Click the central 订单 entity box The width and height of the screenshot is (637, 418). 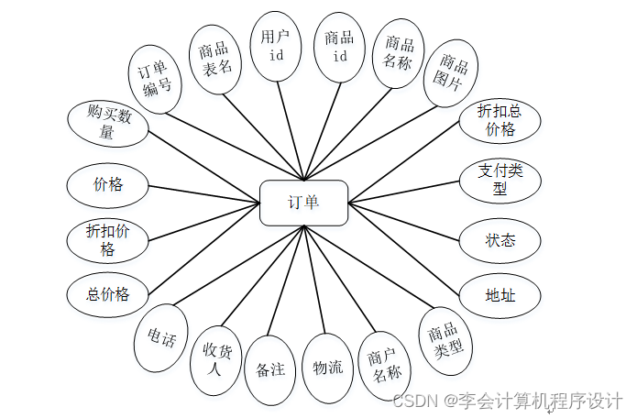303,203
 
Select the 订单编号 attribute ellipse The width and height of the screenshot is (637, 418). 153,79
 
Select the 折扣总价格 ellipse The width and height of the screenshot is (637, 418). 500,121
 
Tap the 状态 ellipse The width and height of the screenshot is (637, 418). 500,240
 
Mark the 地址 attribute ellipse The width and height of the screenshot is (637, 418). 500,295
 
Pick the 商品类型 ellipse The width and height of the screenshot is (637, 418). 446,340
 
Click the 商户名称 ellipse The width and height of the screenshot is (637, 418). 383,364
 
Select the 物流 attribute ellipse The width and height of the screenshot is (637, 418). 327,368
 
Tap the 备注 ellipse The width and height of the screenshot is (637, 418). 270,369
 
